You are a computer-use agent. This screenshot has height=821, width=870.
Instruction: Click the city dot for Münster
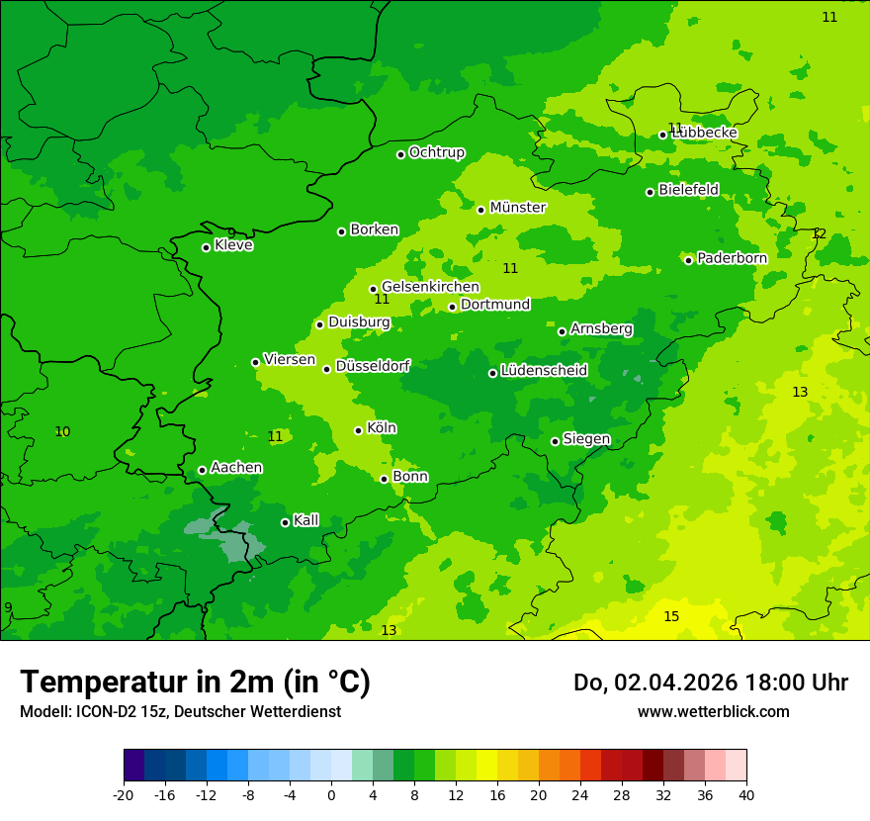[480, 210]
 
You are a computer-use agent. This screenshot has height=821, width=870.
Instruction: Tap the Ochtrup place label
[436, 153]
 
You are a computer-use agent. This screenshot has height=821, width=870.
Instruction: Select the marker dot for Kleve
[206, 247]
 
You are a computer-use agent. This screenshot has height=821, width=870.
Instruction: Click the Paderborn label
[732, 259]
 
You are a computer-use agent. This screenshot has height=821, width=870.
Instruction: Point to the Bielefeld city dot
[650, 192]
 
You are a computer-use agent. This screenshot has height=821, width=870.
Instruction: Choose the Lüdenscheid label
[544, 371]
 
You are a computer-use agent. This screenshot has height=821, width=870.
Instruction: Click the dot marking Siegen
[555, 441]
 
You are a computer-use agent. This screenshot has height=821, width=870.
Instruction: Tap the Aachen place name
[236, 468]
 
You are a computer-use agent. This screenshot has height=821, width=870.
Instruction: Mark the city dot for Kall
[285, 522]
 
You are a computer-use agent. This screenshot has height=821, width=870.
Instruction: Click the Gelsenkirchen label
[430, 287]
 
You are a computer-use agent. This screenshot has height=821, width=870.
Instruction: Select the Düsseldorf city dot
[326, 369]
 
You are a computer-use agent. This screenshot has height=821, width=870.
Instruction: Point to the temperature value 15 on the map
[671, 617]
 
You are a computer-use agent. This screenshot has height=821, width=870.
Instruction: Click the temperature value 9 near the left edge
[8, 608]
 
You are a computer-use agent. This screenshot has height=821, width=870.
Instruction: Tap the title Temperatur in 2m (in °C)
[195, 683]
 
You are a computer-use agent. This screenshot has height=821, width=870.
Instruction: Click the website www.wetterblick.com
[713, 711]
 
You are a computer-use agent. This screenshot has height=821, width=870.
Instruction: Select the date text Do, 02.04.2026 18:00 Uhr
[710, 683]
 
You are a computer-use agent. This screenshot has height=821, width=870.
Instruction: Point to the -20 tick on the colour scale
[124, 794]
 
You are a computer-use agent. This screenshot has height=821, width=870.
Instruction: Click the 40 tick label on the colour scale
[746, 794]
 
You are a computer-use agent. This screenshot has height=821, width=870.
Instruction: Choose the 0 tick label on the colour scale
[331, 794]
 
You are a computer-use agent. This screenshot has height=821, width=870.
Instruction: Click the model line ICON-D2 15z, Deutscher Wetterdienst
[180, 711]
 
